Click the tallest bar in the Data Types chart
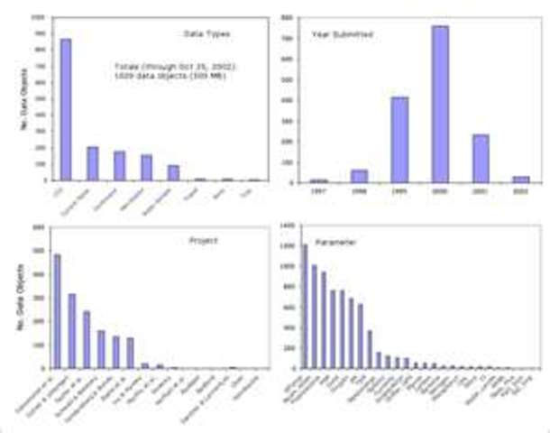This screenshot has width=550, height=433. (x=66, y=109)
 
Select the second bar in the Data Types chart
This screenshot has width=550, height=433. (x=92, y=163)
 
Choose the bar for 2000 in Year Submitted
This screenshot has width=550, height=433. (x=439, y=104)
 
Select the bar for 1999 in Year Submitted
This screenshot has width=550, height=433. (x=399, y=139)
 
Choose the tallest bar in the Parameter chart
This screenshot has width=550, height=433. (x=305, y=306)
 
